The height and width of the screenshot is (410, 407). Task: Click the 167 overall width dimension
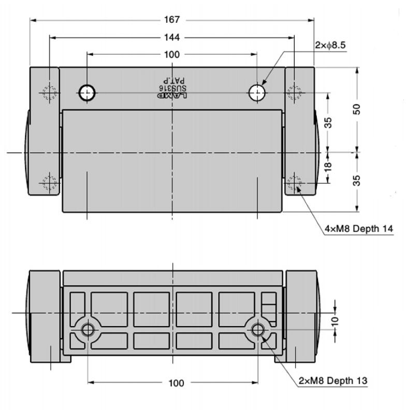tap(171, 20)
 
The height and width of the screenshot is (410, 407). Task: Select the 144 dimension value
tap(171, 37)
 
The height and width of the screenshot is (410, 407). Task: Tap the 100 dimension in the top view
tap(171, 54)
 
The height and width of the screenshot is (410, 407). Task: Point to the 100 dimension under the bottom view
tap(176, 383)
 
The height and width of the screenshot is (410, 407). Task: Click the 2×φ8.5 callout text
tap(330, 45)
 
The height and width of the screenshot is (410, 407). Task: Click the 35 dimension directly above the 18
tap(328, 123)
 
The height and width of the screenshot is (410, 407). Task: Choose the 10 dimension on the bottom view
tap(336, 320)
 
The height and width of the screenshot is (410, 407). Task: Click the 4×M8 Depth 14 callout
tap(358, 228)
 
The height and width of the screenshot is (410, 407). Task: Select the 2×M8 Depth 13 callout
tap(333, 381)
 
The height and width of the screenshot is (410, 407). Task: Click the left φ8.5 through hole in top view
tap(87, 93)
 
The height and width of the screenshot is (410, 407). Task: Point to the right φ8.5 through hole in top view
tap(257, 93)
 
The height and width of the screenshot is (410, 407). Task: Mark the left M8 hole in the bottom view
tap(88, 329)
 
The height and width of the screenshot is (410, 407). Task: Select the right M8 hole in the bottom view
tap(257, 329)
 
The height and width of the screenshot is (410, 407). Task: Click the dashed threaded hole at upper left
tap(50, 93)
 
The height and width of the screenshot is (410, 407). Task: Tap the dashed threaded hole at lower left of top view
tap(50, 183)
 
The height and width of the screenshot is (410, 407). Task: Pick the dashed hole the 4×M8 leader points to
tap(294, 183)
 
